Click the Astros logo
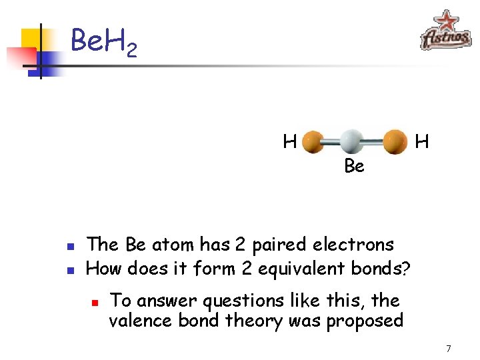pos(445,31)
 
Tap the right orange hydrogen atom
pos(395,141)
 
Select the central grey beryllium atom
pos(351,141)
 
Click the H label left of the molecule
pos(289,141)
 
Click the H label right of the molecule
pos(422,141)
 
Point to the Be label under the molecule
pos(354,166)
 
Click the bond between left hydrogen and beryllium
pos(331,142)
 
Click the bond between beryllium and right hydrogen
pos(373,142)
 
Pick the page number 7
pos(449,349)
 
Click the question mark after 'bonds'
pos(406,269)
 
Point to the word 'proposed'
pos(365,321)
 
